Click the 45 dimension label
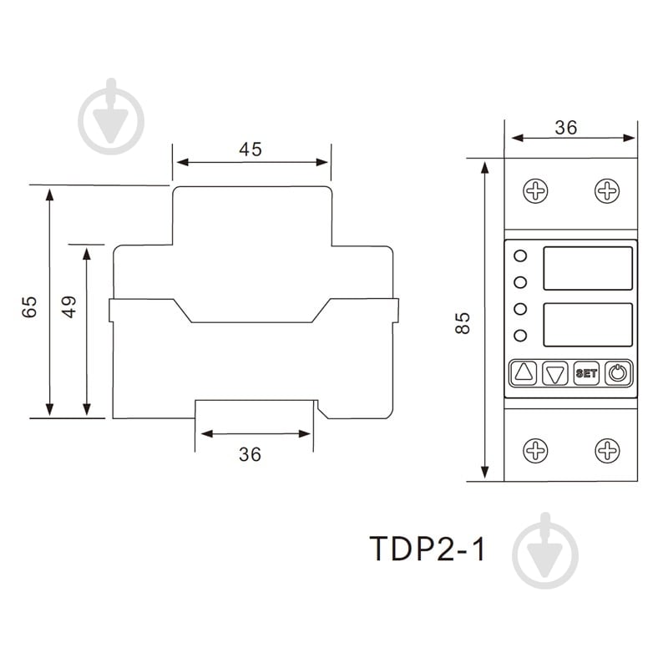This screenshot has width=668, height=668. (x=250, y=149)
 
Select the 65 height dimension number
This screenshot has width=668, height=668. (x=30, y=306)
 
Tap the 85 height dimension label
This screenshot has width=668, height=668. (x=464, y=322)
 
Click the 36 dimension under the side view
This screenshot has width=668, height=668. (x=250, y=454)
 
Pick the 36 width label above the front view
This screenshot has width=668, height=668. (x=566, y=128)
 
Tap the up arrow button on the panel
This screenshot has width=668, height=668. (x=524, y=372)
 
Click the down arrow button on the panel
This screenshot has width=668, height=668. (x=554, y=372)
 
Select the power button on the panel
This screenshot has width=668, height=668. (x=617, y=372)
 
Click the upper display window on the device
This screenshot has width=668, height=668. (x=588, y=268)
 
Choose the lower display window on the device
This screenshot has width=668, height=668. (x=588, y=324)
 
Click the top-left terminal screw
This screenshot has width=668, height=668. (x=535, y=191)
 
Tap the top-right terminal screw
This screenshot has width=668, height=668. (x=607, y=191)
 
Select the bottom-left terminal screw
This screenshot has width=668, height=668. (x=535, y=451)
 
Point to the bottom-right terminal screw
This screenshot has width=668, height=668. (x=607, y=451)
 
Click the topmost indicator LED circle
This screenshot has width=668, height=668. (x=520, y=256)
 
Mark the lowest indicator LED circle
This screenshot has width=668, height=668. (x=520, y=336)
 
